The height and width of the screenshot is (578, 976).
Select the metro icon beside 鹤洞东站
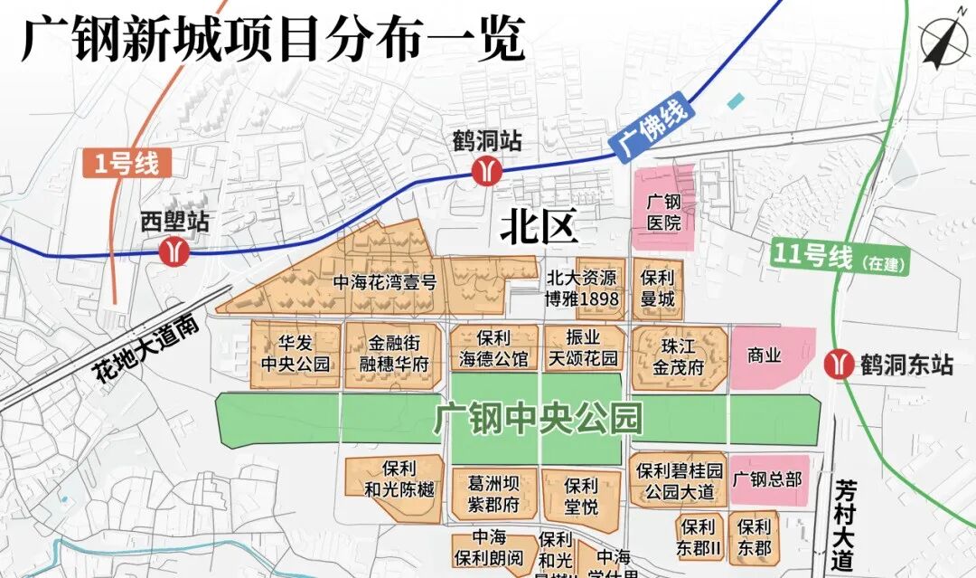pyautogui.click(x=840, y=365)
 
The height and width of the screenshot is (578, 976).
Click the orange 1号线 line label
pyautogui.click(x=126, y=164)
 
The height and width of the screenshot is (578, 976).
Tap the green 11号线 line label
pyautogui.click(x=813, y=257)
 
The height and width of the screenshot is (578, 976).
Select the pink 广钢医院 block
pyautogui.click(x=663, y=211)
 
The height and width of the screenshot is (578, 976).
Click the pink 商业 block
pyautogui.click(x=765, y=357)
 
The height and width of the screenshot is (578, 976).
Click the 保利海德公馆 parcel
pyautogui.click(x=494, y=348)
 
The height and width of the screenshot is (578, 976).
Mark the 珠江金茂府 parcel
pyautogui.click(x=681, y=355)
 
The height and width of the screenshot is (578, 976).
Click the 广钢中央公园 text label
pyautogui.click(x=538, y=419)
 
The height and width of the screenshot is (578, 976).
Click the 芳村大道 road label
pyautogui.click(x=844, y=524)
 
